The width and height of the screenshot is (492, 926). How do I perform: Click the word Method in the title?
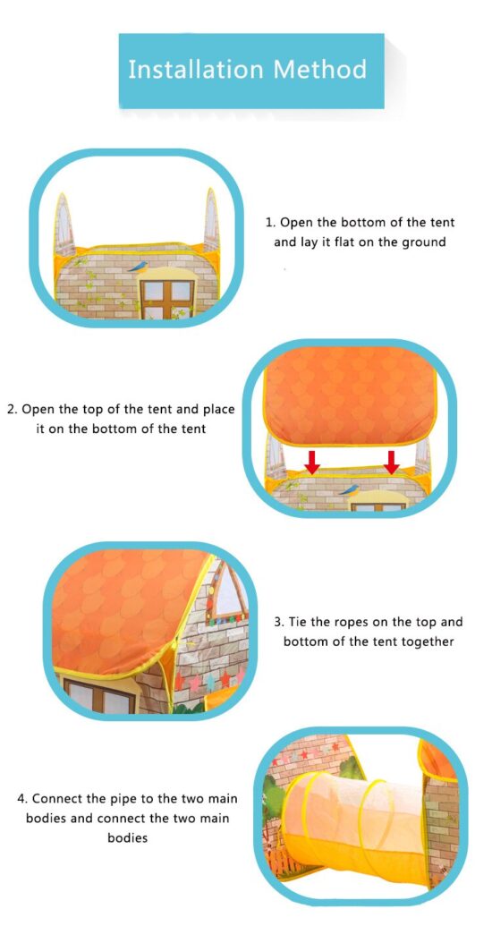pos(320,69)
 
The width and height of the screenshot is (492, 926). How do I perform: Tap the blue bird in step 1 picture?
pos(139,267)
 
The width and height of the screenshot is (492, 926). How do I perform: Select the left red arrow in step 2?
pos(312,463)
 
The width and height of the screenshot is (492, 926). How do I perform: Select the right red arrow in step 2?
pos(391,463)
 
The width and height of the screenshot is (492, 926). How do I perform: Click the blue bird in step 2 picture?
pos(350,489)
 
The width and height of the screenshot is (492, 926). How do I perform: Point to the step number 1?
pos(270,223)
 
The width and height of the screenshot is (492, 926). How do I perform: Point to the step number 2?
pos(12,409)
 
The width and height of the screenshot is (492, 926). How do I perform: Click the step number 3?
pos(279,622)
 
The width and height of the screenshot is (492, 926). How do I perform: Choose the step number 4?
pos(22,798)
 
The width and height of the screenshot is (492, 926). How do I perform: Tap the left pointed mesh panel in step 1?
pos(64,223)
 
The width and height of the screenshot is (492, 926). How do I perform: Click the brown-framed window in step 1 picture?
pos(167,298)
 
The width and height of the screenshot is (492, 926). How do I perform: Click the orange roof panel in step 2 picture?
pos(351,394)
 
